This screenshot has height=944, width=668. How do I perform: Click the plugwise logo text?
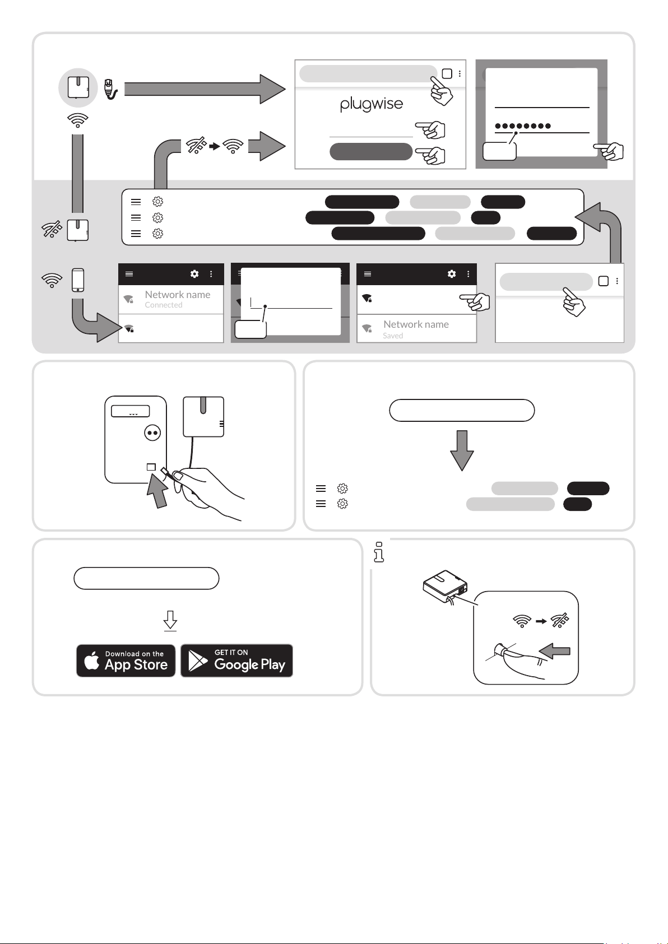point(372,104)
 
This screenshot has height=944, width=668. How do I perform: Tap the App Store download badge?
point(126,661)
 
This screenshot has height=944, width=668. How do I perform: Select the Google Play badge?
point(236,661)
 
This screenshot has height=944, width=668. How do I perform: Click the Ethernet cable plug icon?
point(110,89)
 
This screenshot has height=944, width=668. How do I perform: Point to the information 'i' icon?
point(379,552)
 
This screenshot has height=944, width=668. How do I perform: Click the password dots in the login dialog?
point(523,126)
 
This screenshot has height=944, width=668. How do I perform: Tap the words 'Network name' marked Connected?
point(178,295)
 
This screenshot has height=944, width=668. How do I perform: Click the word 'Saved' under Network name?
point(393,336)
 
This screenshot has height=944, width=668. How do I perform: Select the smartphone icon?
point(78,280)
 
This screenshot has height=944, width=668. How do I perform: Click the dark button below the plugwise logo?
point(371,151)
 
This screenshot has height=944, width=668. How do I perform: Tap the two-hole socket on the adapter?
point(152,433)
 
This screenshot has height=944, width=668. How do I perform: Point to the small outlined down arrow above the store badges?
point(170,621)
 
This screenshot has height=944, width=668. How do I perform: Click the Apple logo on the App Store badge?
point(92,661)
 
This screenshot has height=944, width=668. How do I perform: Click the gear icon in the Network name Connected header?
point(194,274)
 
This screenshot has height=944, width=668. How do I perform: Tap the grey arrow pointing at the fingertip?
point(554,651)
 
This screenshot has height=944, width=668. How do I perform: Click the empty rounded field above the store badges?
point(146,578)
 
